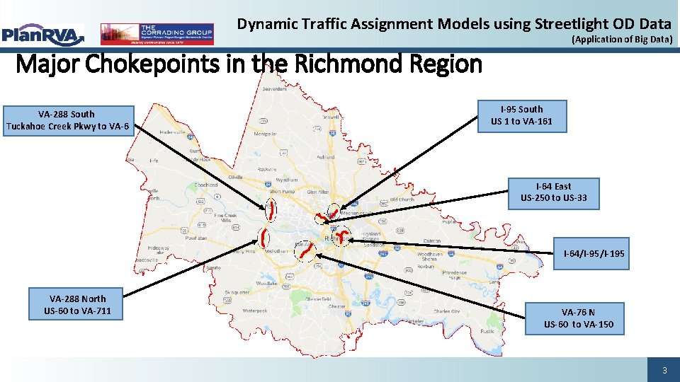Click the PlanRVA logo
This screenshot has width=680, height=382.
pos(42,33)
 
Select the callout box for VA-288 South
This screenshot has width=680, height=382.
pos(67,120)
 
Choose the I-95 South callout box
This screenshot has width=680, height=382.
pos(521,115)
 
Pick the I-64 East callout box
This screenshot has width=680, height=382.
pos(553,192)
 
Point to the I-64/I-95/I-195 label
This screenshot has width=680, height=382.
pos(594,253)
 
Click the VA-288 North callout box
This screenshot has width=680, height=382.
pos(77,304)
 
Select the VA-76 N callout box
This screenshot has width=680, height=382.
pos(579,318)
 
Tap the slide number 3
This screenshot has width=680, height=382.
pos(664,371)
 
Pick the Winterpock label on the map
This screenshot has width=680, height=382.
pos(254,310)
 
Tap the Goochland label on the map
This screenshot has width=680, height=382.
pos(206,185)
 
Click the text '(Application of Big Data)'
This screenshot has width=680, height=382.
pos(621,40)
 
